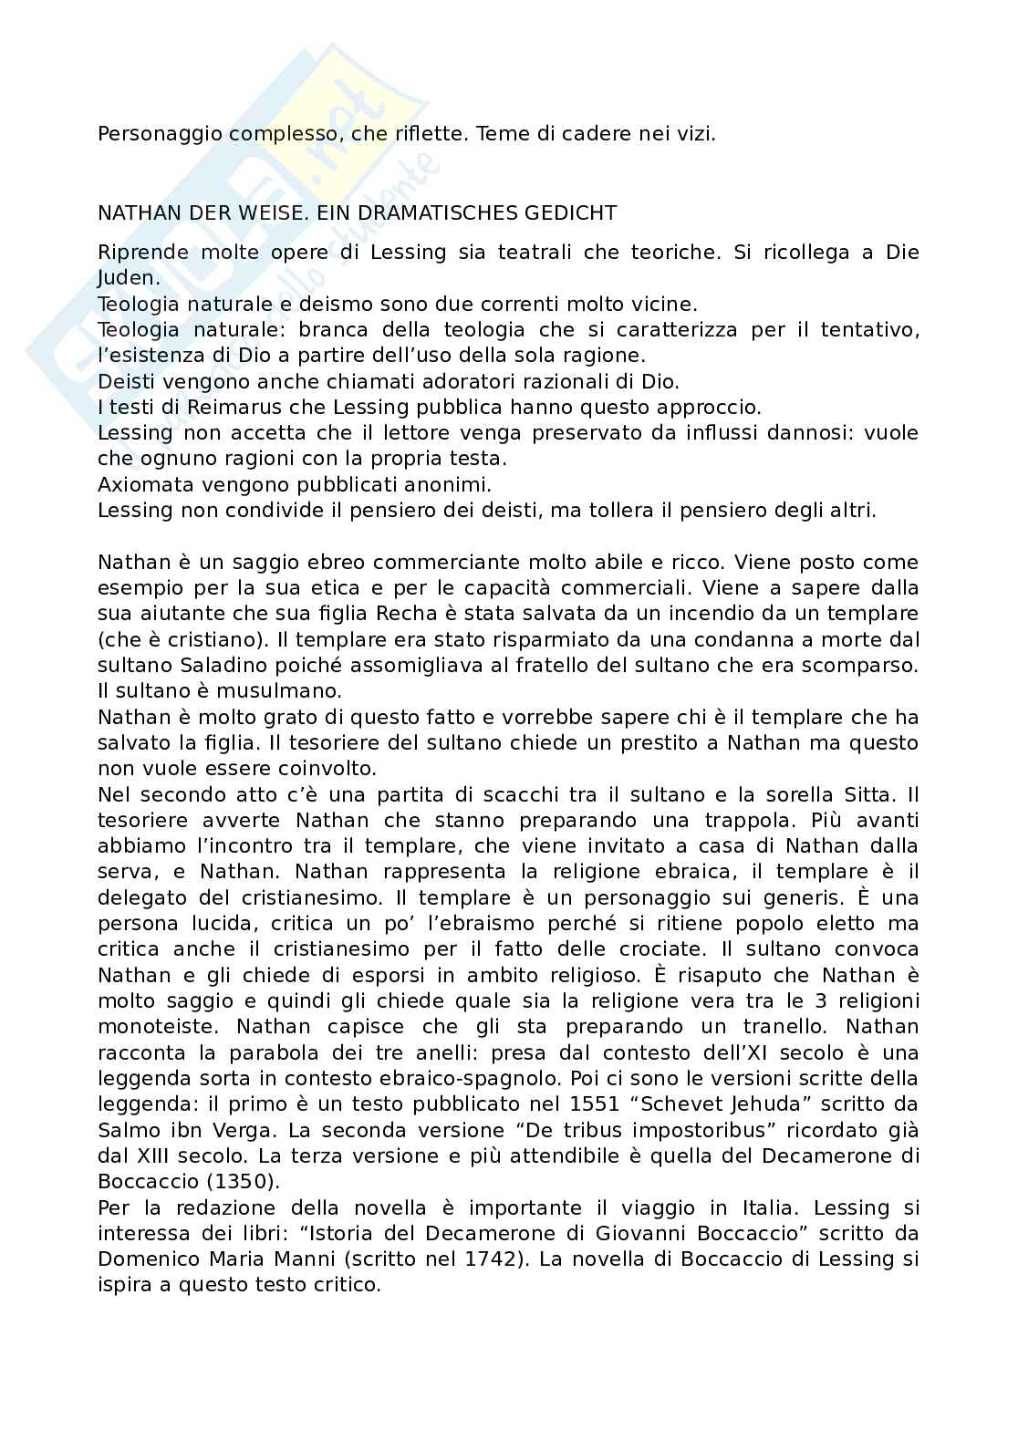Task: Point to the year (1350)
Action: [x=240, y=1182]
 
